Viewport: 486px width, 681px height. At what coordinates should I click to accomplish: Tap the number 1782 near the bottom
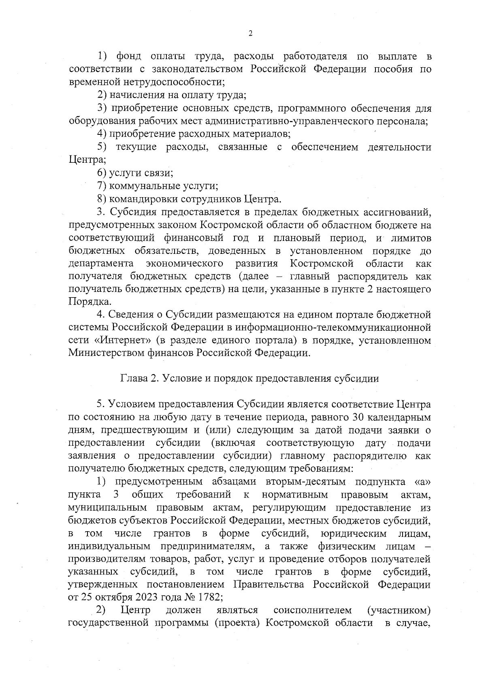point(207,598)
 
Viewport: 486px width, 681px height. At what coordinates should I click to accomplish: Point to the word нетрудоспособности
point(181,82)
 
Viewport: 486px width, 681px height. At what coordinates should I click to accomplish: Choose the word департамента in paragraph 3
point(101,264)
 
